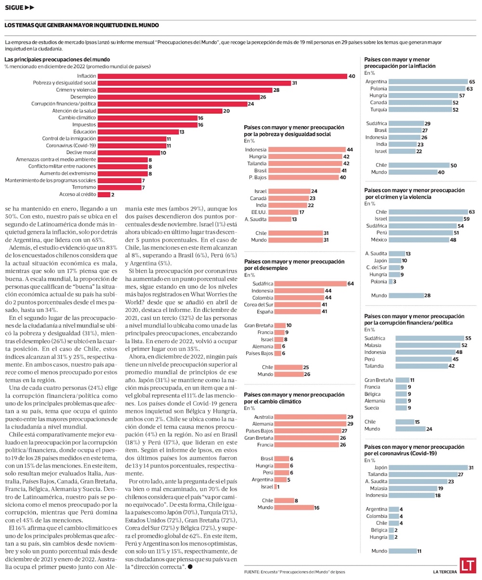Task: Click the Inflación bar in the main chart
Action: coord(222,76)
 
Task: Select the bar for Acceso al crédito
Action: coord(104,194)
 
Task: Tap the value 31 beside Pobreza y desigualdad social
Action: coord(295,83)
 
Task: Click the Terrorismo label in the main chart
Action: coord(84,187)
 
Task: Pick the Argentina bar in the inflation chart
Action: coord(428,82)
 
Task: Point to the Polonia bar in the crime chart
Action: coord(390,282)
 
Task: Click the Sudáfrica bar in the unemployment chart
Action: coord(310,284)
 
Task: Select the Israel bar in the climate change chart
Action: coord(276,487)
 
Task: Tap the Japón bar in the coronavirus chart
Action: coord(428,468)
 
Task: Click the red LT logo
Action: coord(468,565)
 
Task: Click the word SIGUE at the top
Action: coord(14,8)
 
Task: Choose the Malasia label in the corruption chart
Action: coord(373,345)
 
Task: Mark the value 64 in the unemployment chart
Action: coord(350,284)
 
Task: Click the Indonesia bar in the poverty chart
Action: coord(307,150)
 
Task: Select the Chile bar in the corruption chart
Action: coord(405,422)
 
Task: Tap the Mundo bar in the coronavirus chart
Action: coord(402,551)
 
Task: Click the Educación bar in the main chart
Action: coord(138,132)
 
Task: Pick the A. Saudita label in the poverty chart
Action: coord(255,219)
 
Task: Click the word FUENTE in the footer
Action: coord(252,572)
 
